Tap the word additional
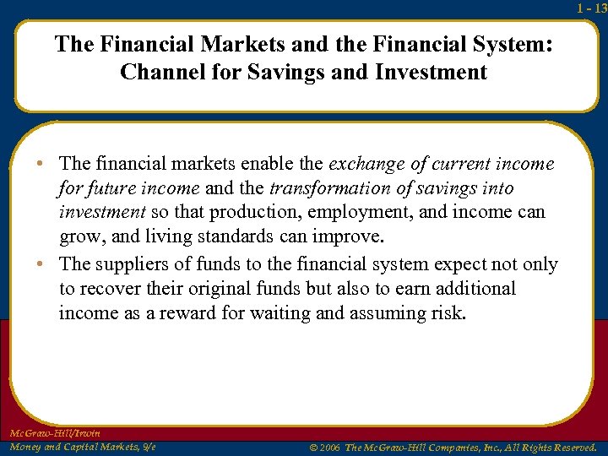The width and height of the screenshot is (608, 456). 473,288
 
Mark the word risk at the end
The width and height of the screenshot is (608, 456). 447,312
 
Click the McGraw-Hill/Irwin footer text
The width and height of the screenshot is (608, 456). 55,432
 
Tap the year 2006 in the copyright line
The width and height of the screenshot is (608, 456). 328,447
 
